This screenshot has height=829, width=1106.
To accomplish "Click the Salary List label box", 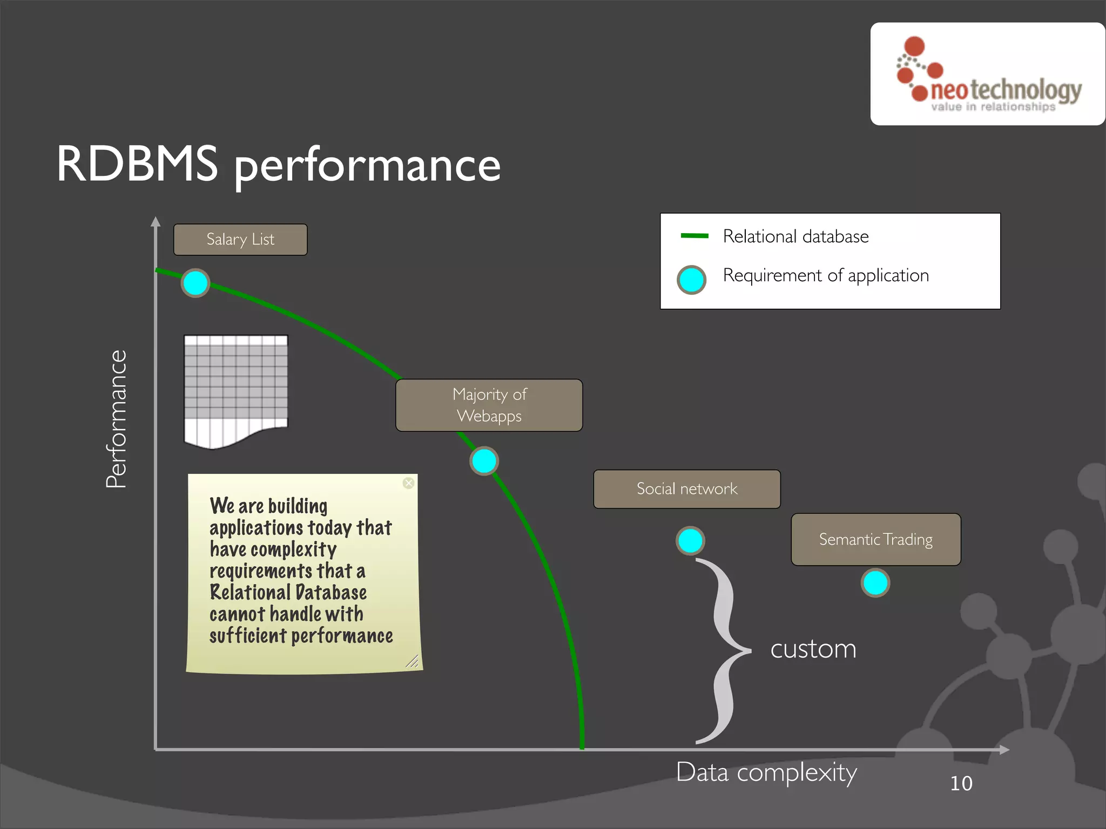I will tap(240, 240).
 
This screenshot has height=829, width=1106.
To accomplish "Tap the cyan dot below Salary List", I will tap(195, 283).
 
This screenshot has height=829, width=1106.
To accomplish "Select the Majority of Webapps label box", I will tap(489, 405).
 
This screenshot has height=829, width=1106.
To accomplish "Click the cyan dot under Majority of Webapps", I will tap(484, 461).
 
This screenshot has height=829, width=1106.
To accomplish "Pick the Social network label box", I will tap(686, 489).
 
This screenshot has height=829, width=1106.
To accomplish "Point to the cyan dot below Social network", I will tap(690, 541).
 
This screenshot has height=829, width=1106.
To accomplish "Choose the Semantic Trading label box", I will tap(875, 539).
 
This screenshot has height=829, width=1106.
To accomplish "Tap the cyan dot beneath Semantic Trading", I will tap(875, 583).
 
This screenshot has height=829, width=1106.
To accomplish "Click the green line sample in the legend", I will tap(694, 236).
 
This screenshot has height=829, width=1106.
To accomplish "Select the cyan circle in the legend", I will tap(691, 280).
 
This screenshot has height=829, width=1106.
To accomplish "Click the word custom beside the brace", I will tap(813, 649).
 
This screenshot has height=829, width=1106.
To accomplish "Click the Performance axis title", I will tap(116, 419).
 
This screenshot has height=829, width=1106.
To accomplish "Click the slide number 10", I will tap(961, 784).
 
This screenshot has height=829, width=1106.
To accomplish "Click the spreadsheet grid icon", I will tap(236, 389).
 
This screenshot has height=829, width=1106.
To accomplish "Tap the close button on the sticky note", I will tap(409, 483).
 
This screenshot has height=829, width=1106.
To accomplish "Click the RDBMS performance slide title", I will tap(279, 165).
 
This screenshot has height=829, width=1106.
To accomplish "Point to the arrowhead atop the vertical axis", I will tap(156, 221).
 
